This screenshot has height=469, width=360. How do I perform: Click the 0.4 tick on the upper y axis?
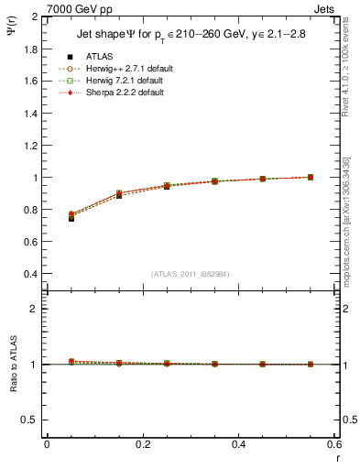coord(31,274)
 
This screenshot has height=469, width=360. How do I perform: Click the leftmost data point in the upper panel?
coord(71,216)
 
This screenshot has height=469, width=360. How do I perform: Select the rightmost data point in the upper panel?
coord(311,177)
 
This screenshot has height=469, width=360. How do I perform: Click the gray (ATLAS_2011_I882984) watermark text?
coord(191,274)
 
